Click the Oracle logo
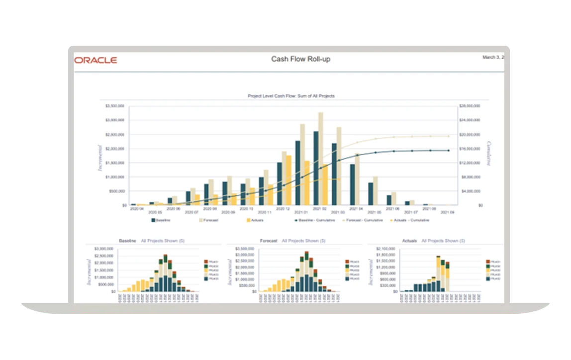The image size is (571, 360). (x=95, y=60)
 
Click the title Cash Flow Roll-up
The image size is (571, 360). (x=300, y=59)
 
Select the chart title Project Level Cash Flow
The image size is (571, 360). (x=291, y=95)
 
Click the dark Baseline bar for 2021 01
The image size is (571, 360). (x=297, y=173)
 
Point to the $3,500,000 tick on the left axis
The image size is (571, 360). (x=114, y=106)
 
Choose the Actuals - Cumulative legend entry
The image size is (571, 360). (x=409, y=220)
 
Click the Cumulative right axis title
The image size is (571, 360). (x=489, y=154)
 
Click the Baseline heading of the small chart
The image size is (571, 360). (x=127, y=241)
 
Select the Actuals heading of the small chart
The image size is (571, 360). (x=409, y=241)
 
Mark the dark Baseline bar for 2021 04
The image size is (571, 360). (x=352, y=184)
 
